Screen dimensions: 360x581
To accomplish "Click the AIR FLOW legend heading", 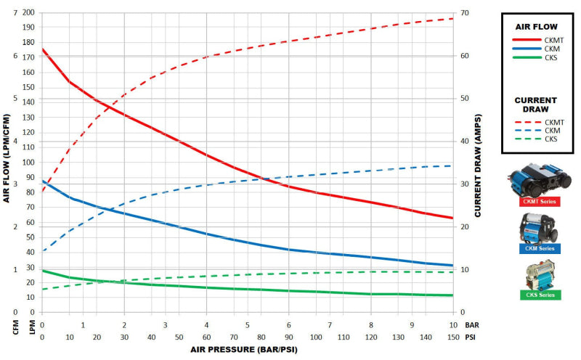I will coord(535,26).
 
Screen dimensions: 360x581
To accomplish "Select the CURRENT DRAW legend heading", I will coord(535,105).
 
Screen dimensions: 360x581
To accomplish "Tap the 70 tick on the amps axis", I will coord(464,13).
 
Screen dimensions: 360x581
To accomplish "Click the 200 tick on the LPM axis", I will coord(28,13).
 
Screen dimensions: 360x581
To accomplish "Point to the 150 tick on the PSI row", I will coord(453,337).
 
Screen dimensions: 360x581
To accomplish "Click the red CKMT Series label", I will coord(540,202).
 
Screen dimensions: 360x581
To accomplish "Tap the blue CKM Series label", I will coord(540,248).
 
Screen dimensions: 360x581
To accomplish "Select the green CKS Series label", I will coord(540,295).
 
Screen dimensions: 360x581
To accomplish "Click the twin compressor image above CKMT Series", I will coord(539,179).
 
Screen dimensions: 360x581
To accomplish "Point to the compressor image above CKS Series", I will coord(539,274).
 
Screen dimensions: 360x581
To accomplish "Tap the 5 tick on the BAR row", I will coord(248,326).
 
